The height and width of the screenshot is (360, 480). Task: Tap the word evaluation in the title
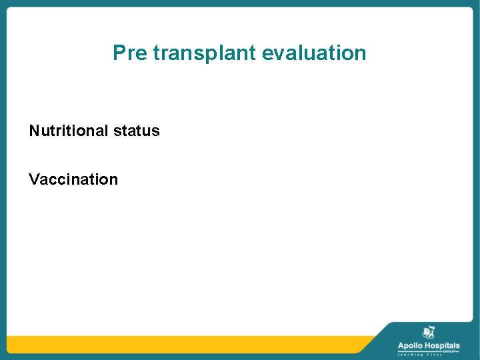coord(314,53)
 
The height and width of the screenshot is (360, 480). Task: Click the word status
coord(137,131)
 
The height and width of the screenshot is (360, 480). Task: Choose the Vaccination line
coord(73,179)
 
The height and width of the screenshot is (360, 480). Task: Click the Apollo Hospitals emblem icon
coord(429,333)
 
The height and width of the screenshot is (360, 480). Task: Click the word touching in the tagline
coord(407,355)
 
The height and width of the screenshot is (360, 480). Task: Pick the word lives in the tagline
coord(434,355)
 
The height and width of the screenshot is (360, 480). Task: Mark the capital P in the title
coord(119,53)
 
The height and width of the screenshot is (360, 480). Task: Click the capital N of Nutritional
coord(34,131)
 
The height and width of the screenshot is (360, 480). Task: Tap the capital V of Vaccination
coord(34,179)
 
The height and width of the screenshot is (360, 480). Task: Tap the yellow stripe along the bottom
coord(187,344)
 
